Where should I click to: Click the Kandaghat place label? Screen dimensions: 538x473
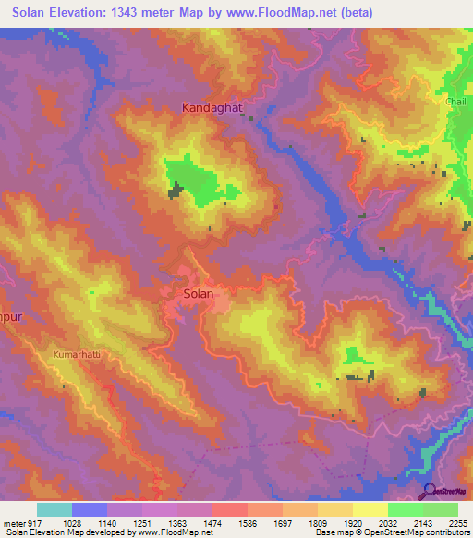[212, 108]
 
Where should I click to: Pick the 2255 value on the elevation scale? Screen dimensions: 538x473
[458, 522]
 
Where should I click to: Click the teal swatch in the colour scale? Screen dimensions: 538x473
[55, 509]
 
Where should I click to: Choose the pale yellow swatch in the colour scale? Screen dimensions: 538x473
[370, 509]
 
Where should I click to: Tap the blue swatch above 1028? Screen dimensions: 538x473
[90, 509]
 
